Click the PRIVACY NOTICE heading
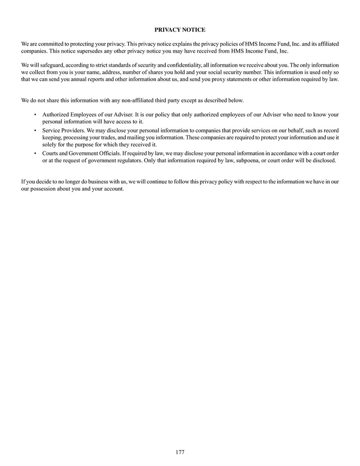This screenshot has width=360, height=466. [x=180, y=30]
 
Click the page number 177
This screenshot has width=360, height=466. [x=180, y=452]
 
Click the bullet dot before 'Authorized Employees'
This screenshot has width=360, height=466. [x=35, y=114]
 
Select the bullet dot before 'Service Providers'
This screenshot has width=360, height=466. [x=35, y=130]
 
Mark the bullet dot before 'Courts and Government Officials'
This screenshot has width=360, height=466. [x=35, y=153]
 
